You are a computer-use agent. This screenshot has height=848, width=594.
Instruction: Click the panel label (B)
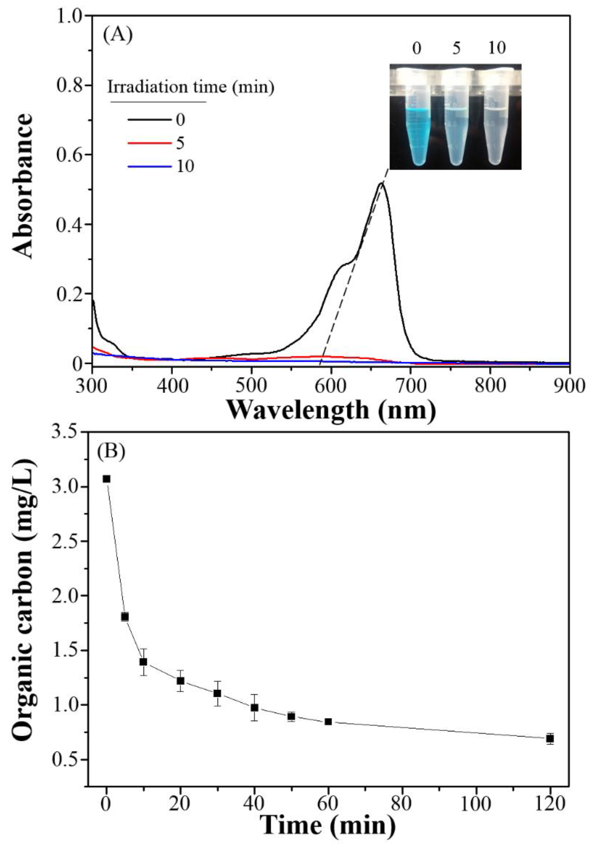111,452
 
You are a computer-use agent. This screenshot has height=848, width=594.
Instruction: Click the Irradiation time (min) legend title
191,87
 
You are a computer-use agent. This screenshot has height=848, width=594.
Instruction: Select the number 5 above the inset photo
457,49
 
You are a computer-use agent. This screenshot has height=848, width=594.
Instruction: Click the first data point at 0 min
106,479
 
